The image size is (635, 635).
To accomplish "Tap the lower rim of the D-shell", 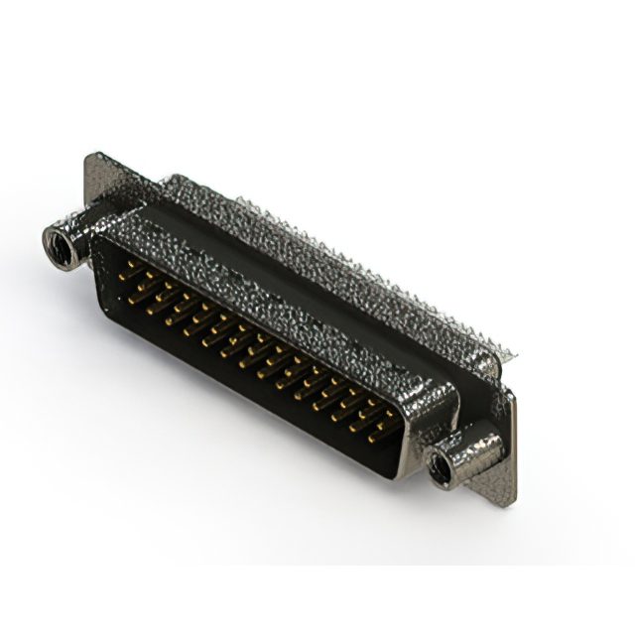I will [248, 407].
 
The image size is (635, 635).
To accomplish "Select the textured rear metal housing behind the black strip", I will [327, 238].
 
